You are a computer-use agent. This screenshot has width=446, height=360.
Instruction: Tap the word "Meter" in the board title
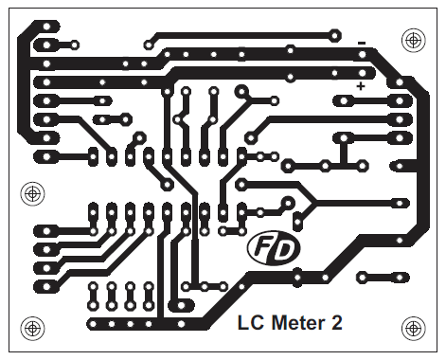coord(294,322)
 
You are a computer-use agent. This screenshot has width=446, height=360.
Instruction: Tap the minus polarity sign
coord(361,43)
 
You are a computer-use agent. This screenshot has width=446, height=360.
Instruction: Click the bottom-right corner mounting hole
coord(412,329)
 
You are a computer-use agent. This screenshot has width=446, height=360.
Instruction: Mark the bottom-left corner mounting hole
coord(32,329)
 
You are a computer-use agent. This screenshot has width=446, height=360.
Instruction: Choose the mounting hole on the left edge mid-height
coord(32,192)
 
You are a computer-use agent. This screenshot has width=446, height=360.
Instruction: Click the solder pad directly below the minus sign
coord(365,56)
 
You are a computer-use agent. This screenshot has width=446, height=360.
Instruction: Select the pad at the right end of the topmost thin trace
coord(333,33)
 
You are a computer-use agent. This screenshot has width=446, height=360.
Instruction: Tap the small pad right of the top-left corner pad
coord(71,43)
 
